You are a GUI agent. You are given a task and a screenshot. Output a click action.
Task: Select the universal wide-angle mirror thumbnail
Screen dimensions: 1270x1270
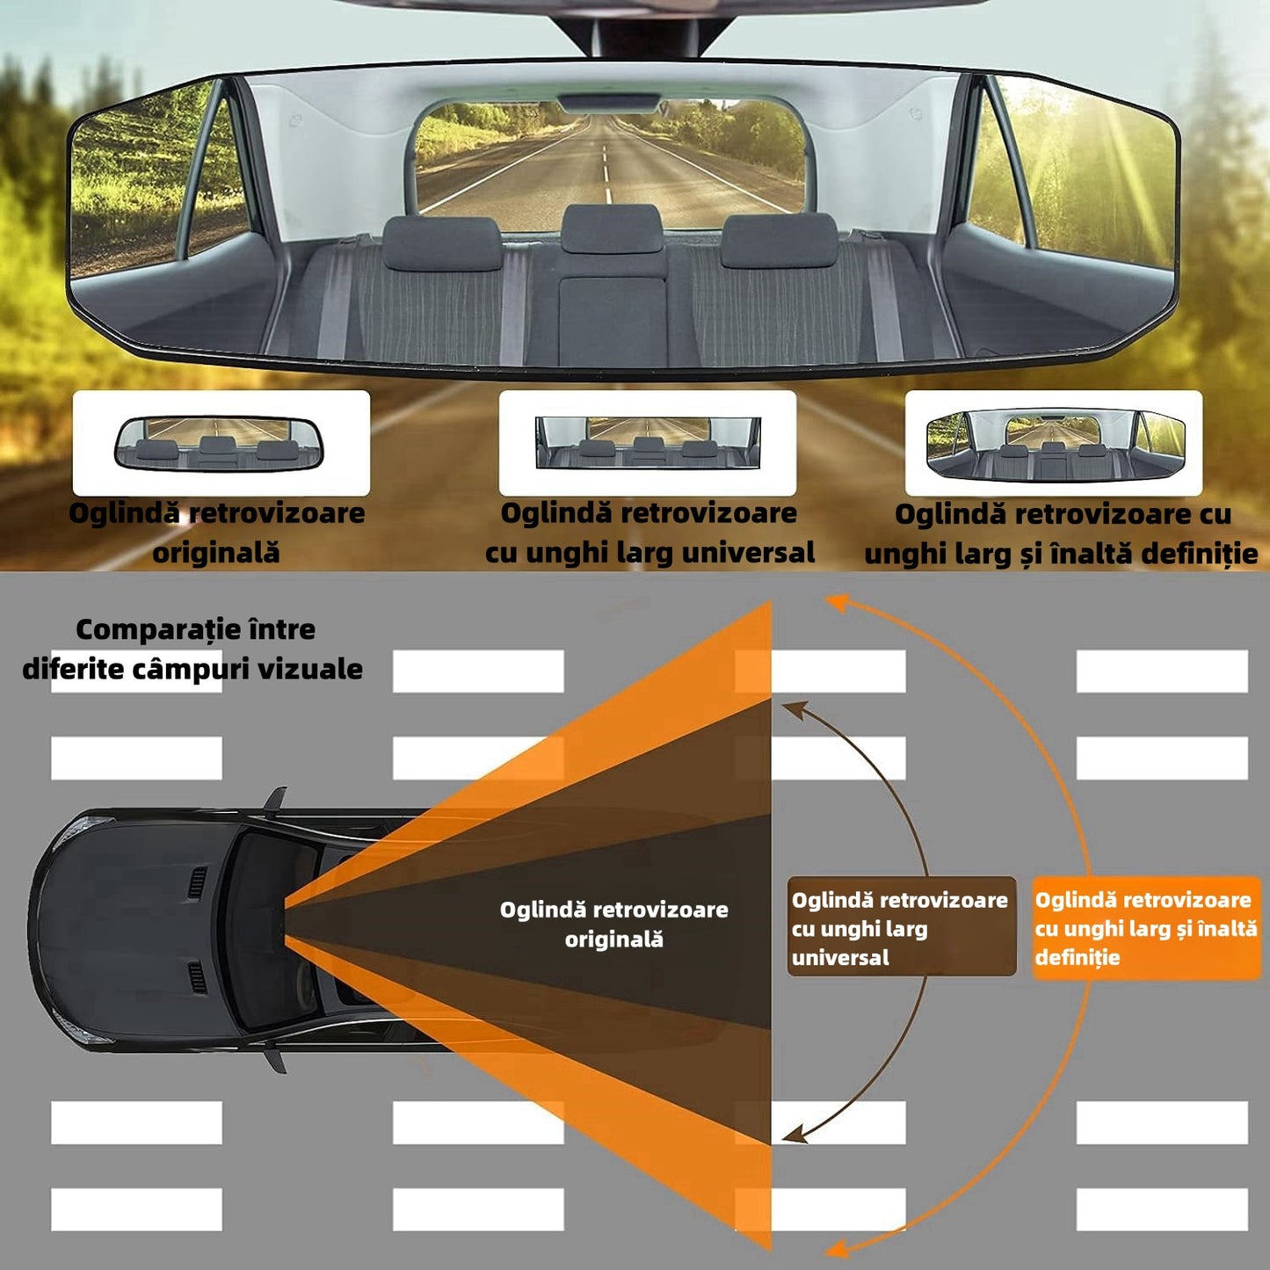[648, 442]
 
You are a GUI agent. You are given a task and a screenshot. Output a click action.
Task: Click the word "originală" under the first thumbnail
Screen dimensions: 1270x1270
[216, 553]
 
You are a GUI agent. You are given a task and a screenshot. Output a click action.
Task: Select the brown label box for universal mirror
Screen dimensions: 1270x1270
[901, 927]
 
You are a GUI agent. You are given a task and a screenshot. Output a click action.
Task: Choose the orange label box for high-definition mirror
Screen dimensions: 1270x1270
[1146, 927]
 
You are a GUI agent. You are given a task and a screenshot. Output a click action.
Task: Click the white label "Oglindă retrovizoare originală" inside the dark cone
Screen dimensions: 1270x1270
[613, 924]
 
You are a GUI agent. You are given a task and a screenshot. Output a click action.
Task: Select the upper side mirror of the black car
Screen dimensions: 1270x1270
[278, 799]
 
